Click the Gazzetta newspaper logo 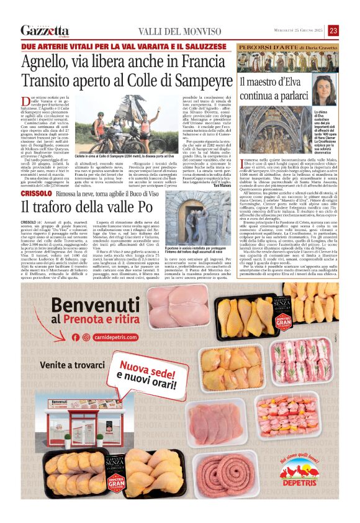coord(45,30)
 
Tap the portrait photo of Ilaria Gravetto coord(324,89)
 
